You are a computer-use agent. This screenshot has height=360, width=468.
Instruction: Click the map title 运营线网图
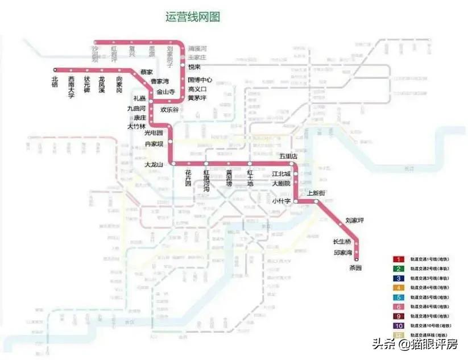pos(192,16)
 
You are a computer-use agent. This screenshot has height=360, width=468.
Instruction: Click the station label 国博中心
pos(200,80)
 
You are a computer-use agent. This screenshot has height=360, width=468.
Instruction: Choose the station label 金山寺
pos(166,91)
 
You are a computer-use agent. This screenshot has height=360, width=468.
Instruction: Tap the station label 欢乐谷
pos(169,109)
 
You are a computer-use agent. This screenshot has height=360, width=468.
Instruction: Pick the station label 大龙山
pos(154,165)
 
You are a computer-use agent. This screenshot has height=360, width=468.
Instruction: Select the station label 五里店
pos(288,156)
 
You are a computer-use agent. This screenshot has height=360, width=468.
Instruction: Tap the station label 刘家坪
pos(354,220)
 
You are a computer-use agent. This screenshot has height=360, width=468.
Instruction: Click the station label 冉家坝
pos(154,144)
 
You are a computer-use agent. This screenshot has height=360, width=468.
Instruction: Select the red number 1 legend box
pos(399,259)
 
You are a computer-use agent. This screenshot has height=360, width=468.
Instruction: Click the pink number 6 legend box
pos(399,306)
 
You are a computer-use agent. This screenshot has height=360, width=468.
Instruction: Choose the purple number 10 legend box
pos(399,325)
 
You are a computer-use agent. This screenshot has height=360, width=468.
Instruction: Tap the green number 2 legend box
pos(399,268)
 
